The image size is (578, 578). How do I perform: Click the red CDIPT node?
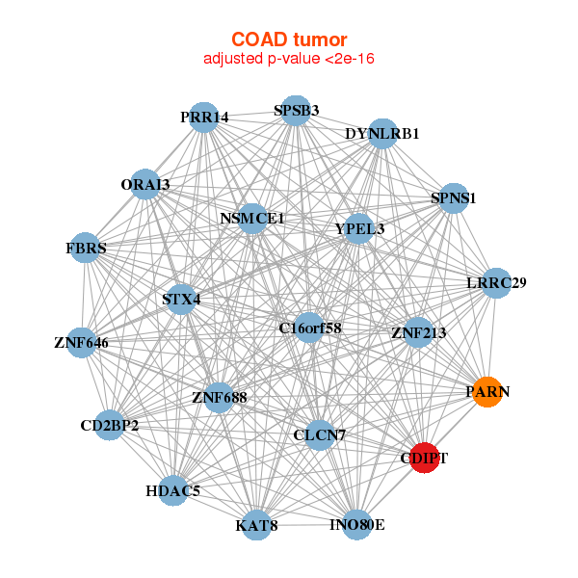424,458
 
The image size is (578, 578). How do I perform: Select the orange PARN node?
487,392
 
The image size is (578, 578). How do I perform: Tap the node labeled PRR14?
203,118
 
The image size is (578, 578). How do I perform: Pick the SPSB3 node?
297,110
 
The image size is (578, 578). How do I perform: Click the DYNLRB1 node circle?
382,134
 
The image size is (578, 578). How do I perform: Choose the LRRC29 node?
496,283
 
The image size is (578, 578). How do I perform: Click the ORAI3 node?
145,184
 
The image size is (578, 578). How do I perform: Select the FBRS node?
87,249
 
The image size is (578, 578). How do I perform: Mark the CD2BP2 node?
110,425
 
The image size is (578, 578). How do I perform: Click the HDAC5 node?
173,491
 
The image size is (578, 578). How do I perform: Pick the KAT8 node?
257,525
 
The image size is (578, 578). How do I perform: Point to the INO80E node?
356,525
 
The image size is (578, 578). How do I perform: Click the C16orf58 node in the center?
309,328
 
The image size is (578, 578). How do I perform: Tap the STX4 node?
182,299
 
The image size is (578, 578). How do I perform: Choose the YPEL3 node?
359,229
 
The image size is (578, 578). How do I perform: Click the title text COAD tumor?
289,39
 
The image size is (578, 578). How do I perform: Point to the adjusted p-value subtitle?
289,59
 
